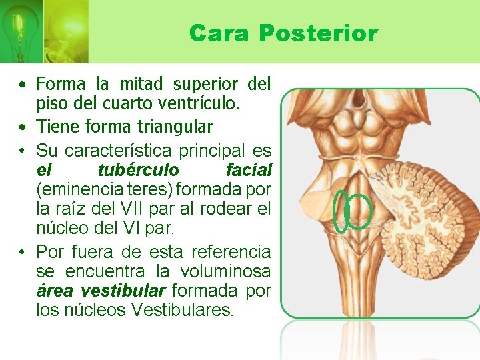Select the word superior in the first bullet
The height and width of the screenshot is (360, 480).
[205, 84]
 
